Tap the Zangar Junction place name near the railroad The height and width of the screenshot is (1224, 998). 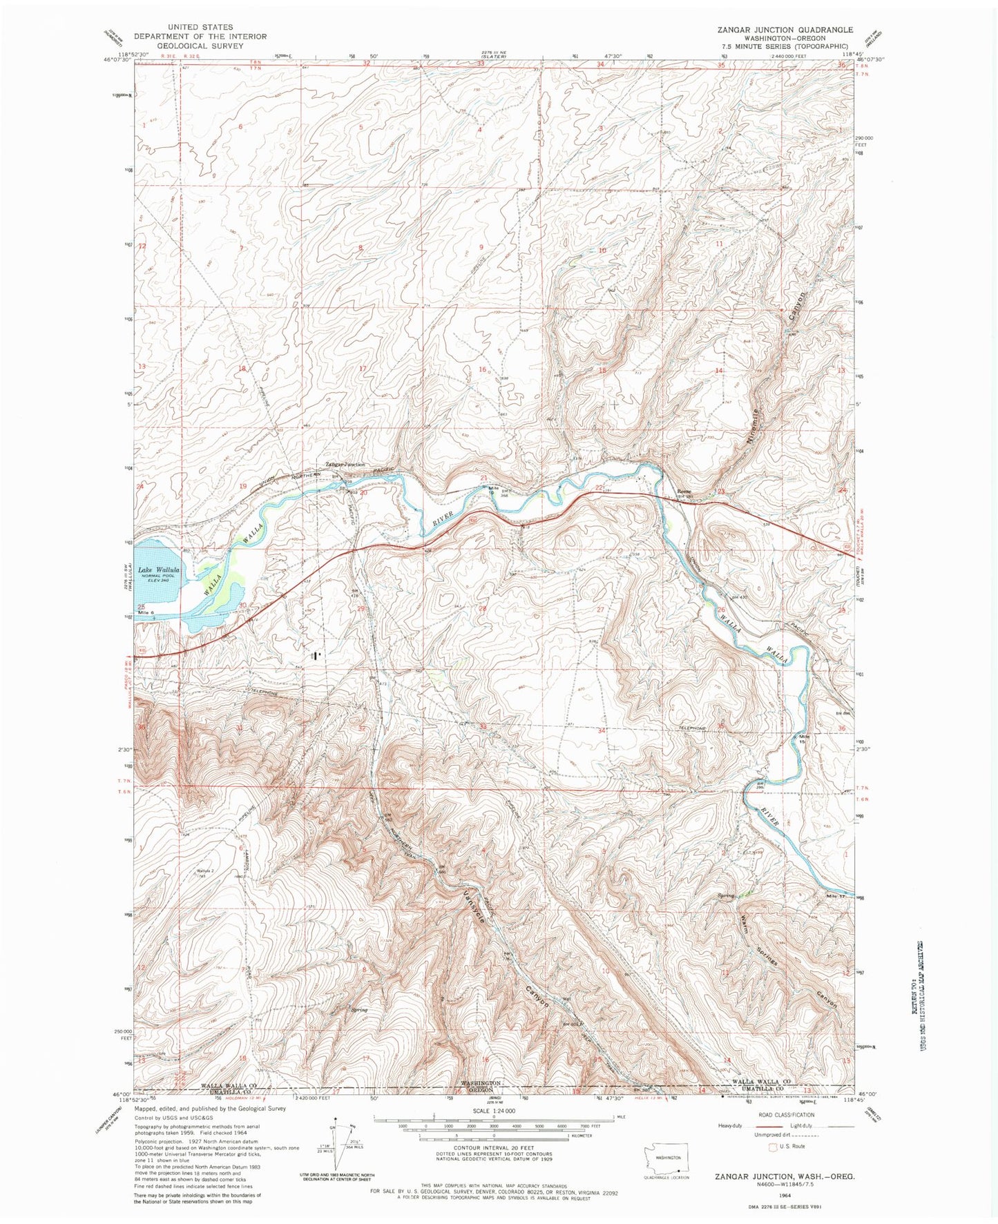coord(345,465)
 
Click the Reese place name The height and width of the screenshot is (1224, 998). coord(683,492)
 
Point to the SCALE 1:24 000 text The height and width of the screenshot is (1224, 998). coord(494,1111)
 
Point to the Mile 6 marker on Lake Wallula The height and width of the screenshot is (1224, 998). coord(146,612)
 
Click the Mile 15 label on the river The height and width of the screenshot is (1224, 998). coord(803,738)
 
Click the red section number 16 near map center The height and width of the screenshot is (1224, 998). coord(482,369)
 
